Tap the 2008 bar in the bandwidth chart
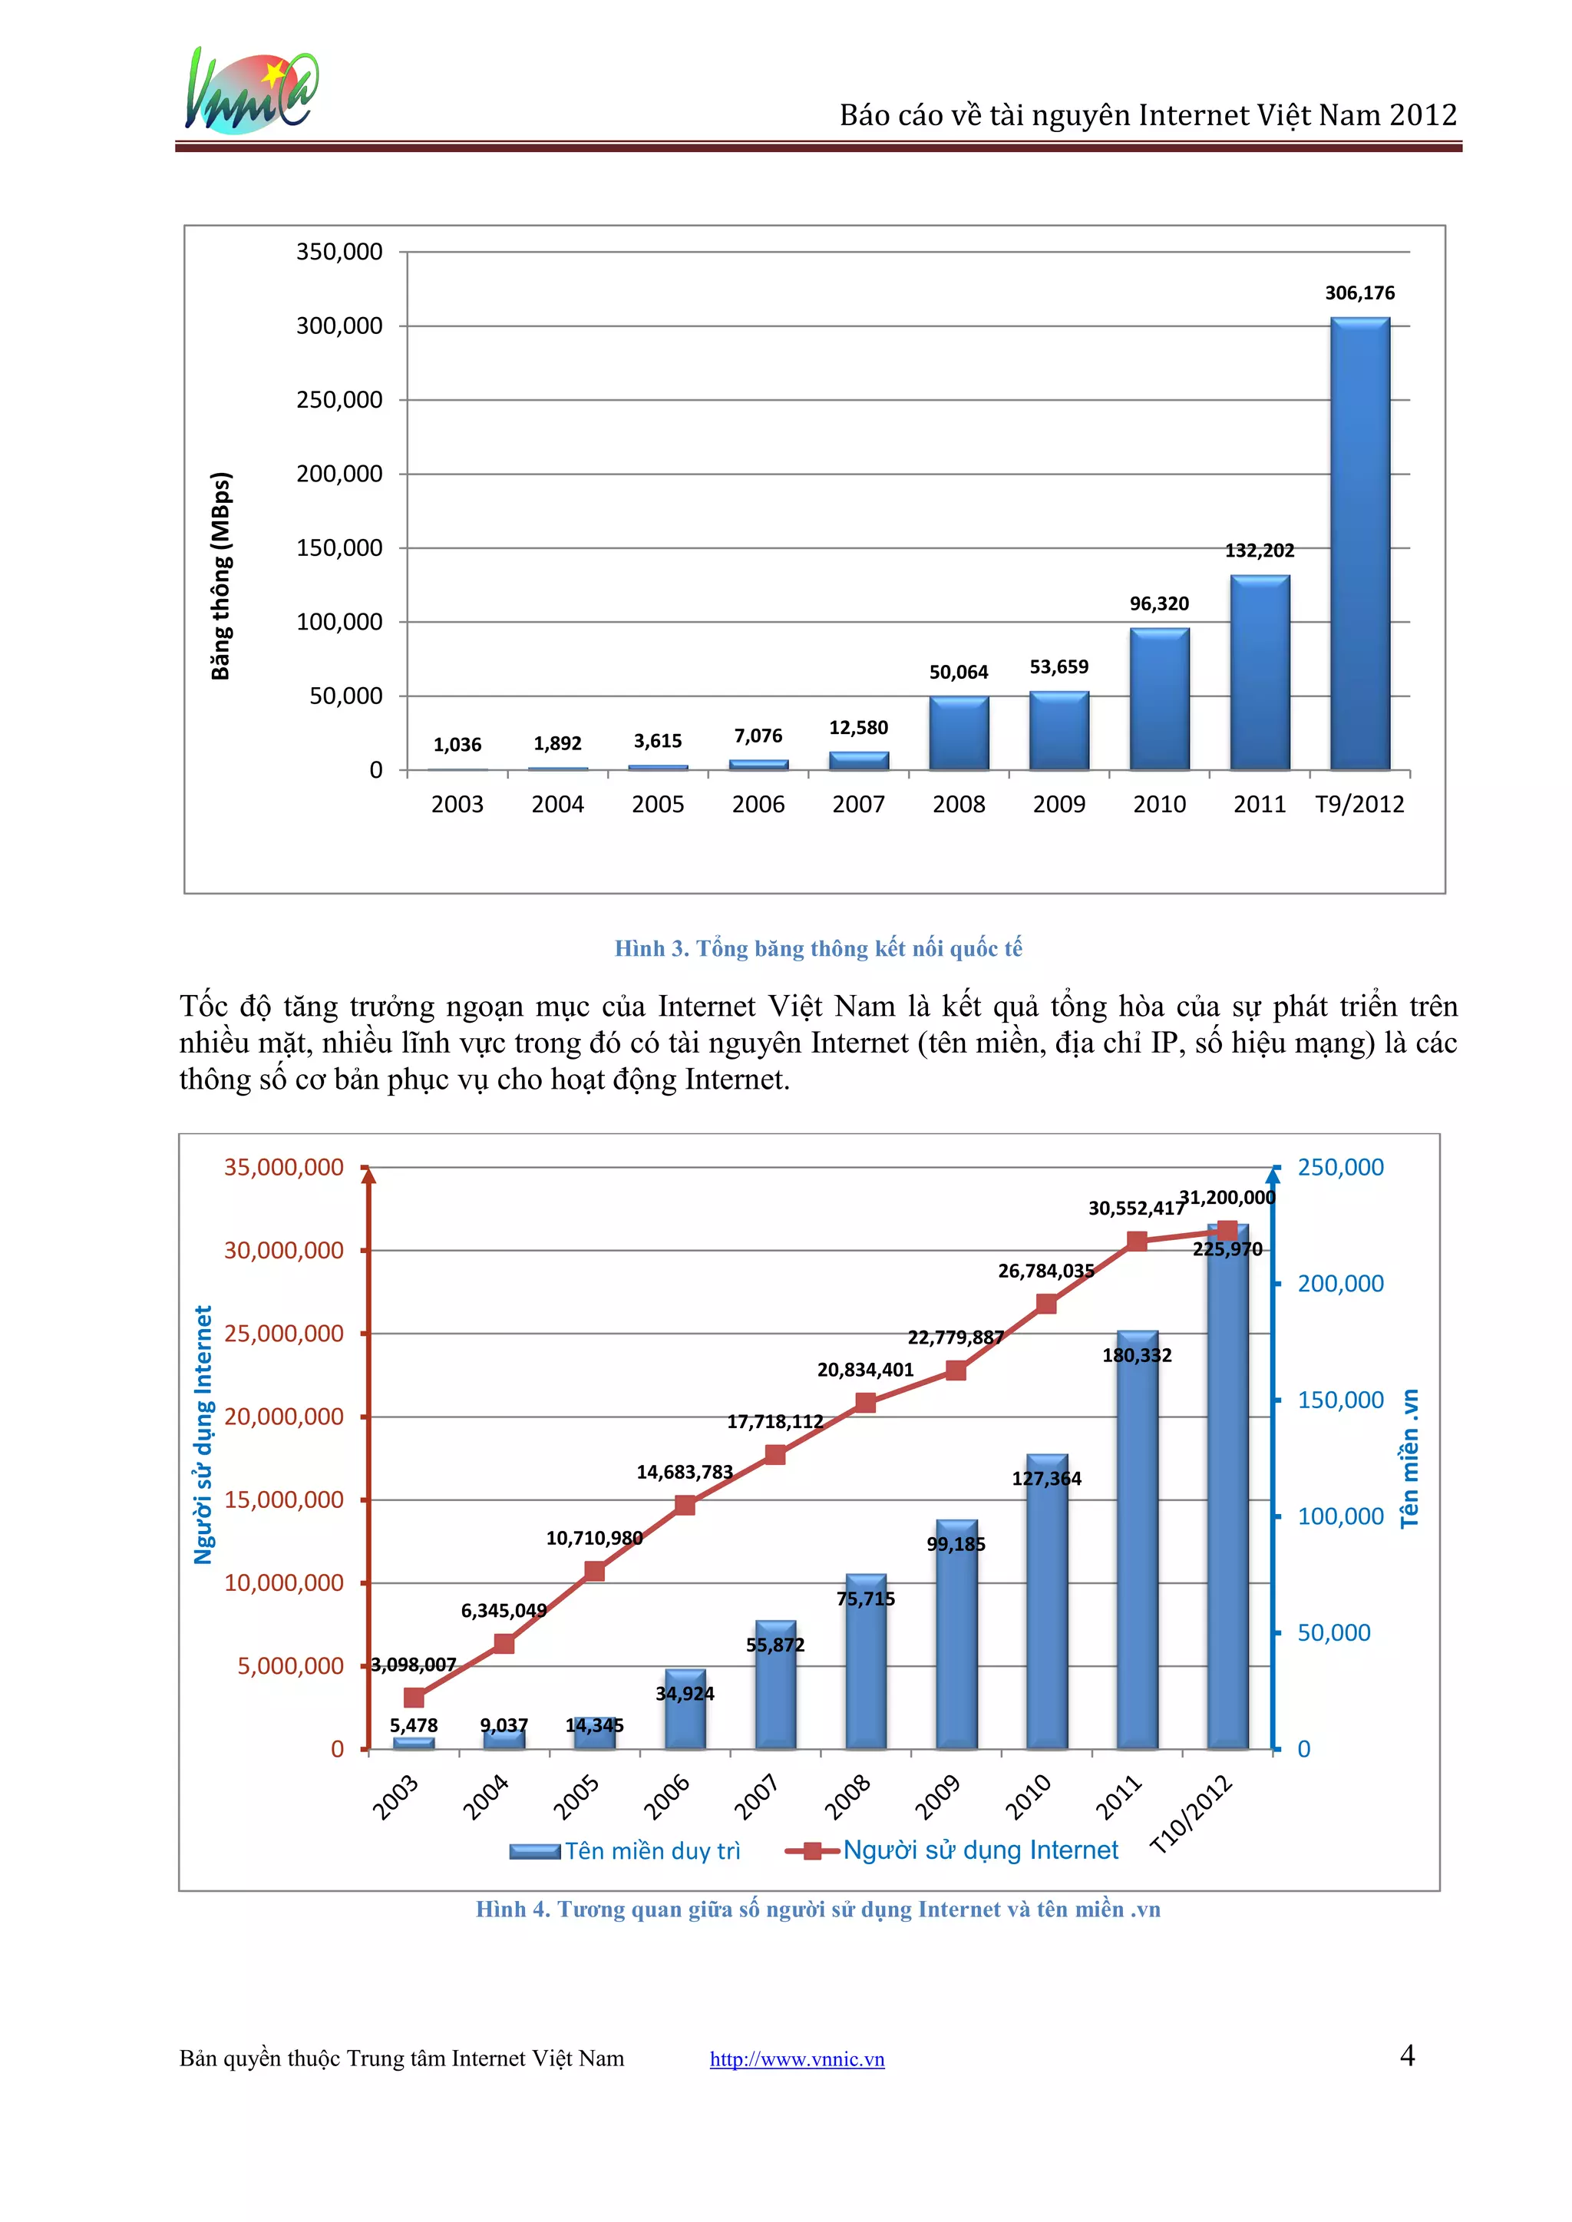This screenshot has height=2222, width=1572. [958, 733]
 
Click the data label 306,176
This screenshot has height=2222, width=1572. [1359, 293]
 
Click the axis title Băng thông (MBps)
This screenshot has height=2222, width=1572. [222, 576]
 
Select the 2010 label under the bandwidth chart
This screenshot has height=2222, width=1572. [1159, 804]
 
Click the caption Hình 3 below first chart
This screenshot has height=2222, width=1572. [818, 948]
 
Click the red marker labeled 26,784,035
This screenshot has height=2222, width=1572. [1046, 1303]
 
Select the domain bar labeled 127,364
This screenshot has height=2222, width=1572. [1046, 1602]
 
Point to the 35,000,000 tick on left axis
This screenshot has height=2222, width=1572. [283, 1167]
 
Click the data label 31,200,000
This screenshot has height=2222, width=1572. [1227, 1198]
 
